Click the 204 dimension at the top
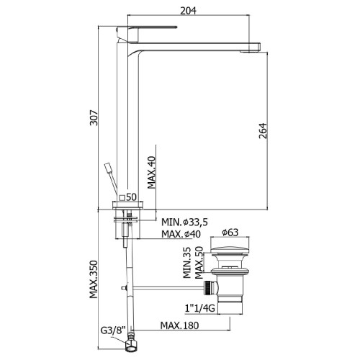188,11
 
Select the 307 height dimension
94,117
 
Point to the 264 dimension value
263,131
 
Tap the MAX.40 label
151,172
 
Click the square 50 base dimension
128,197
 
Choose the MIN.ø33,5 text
184,222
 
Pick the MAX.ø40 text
181,234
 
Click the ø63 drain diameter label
230,233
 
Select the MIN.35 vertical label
187,263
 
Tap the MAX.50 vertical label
199,263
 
